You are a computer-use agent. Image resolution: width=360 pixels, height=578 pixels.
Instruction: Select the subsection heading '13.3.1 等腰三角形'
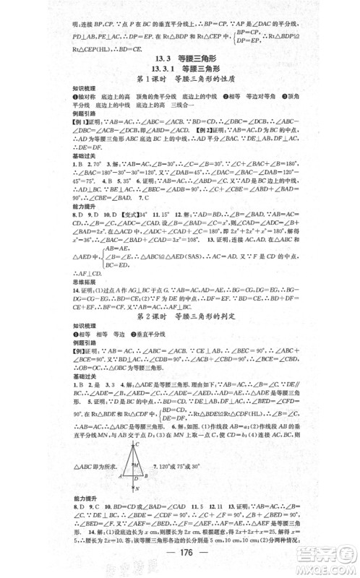179,69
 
